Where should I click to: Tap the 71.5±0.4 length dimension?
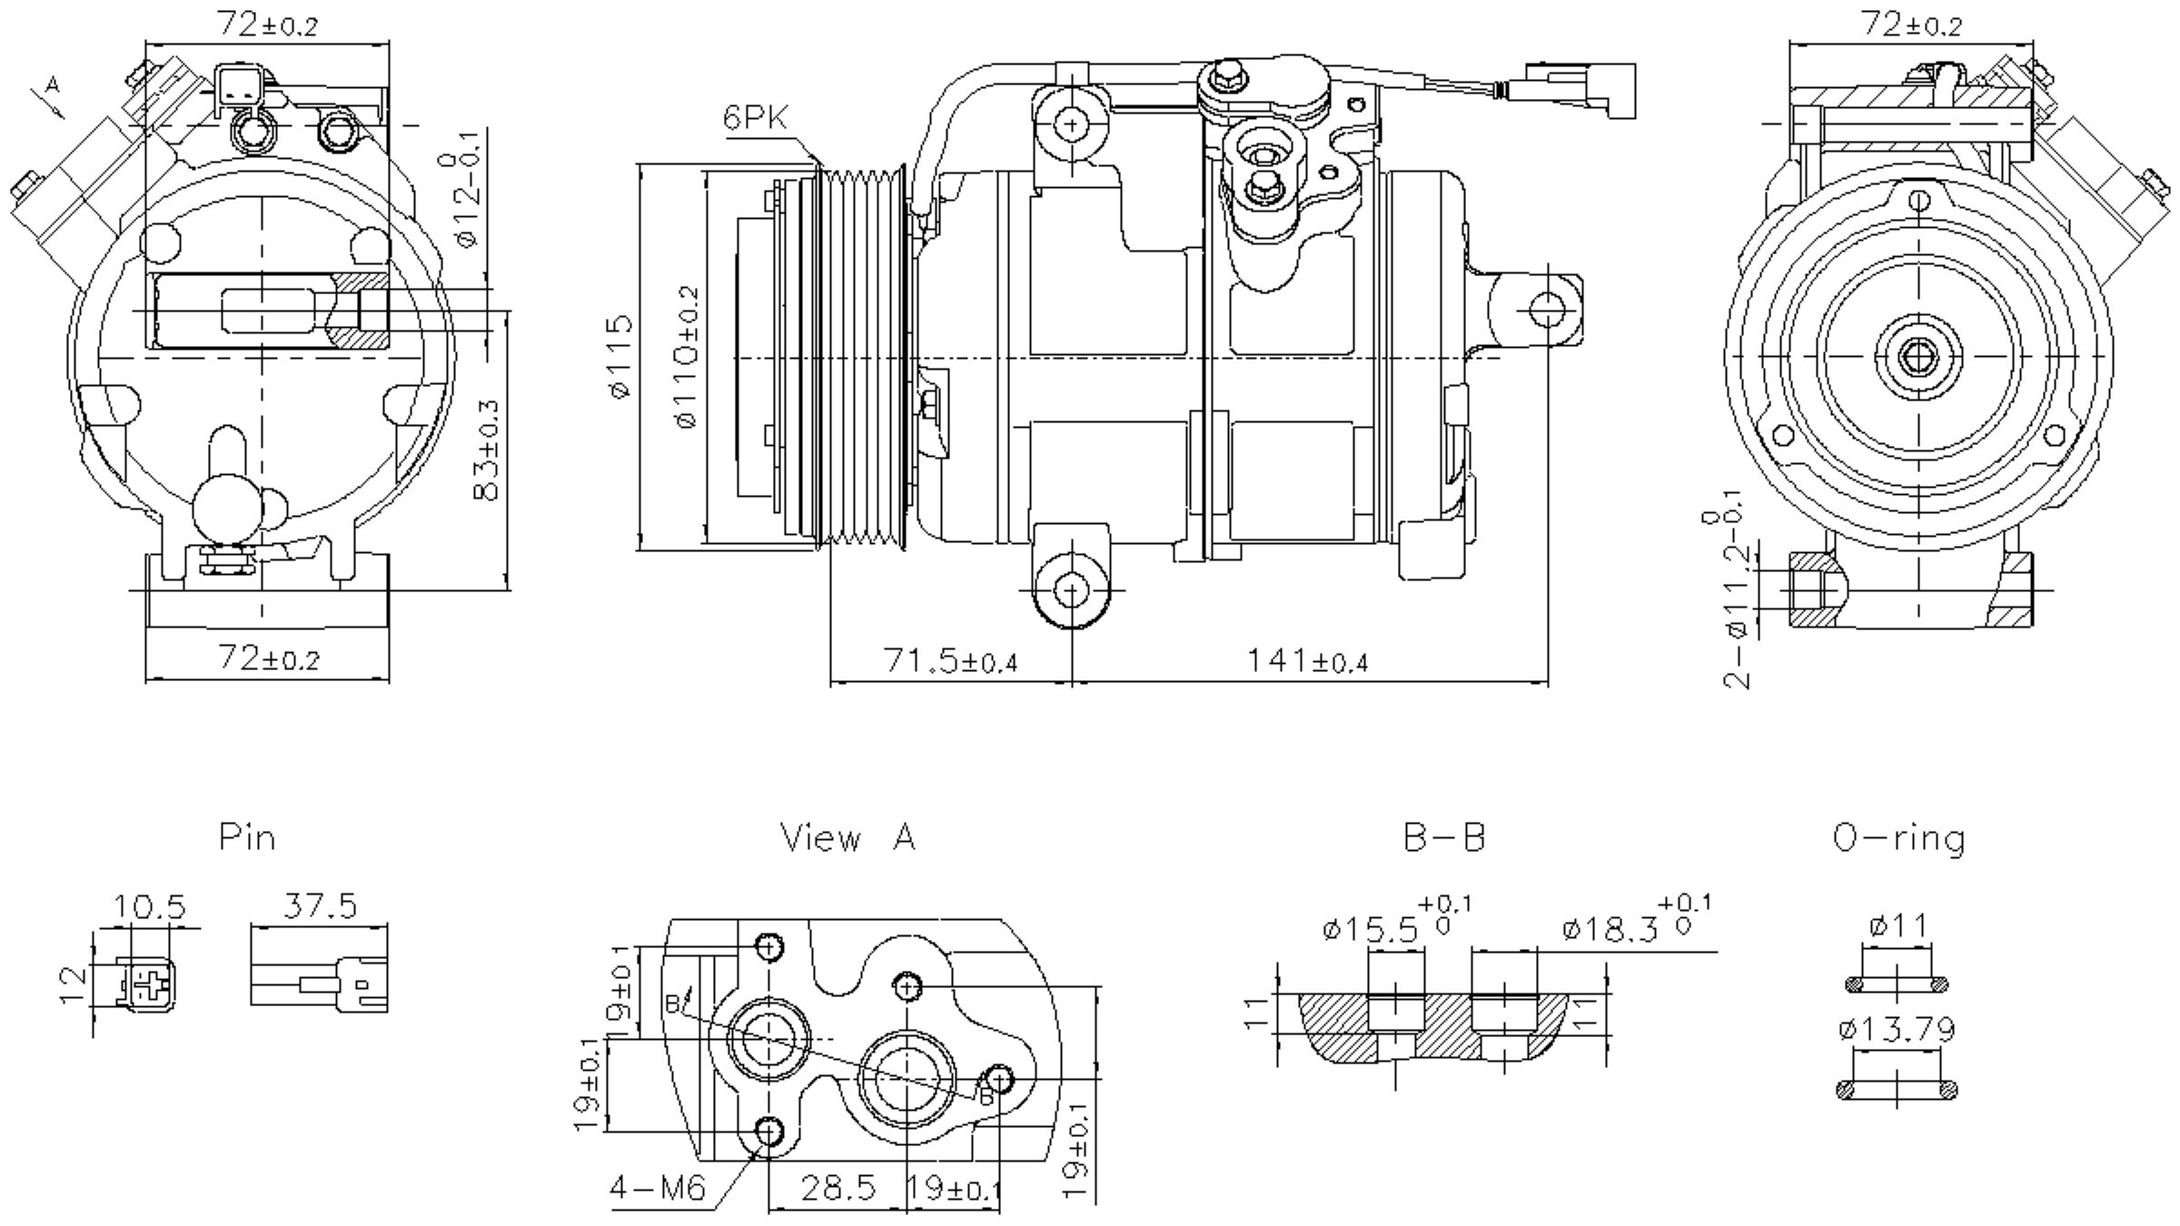[950, 661]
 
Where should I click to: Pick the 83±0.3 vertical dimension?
[487, 450]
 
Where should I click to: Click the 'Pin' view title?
[247, 836]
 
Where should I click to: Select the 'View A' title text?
[848, 837]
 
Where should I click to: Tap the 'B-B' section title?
[1444, 837]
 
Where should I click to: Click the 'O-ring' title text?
[1898, 837]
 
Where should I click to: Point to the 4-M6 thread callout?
[657, 1188]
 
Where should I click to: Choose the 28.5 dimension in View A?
[837, 1187]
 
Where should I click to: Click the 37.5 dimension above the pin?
[320, 905]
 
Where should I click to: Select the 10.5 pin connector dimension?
[149, 906]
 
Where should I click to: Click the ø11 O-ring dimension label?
[1898, 926]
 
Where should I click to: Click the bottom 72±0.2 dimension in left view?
[269, 657]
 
